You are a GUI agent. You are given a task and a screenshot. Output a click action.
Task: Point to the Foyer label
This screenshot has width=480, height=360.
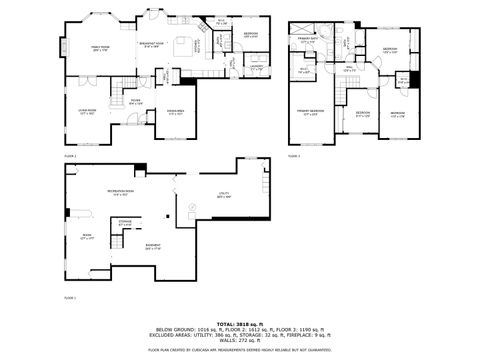pos(133,101)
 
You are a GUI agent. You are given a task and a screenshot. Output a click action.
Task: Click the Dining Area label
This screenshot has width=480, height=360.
pos(176,112)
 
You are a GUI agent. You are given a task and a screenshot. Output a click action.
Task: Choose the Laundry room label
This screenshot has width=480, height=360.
pos(256,67)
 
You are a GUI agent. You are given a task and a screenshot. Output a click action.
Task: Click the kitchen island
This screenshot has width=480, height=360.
pos(184,45)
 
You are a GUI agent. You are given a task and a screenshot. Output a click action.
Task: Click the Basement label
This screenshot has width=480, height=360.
pos(153,247)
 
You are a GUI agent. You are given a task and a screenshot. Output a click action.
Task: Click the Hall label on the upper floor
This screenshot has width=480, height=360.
pos(349,70)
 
